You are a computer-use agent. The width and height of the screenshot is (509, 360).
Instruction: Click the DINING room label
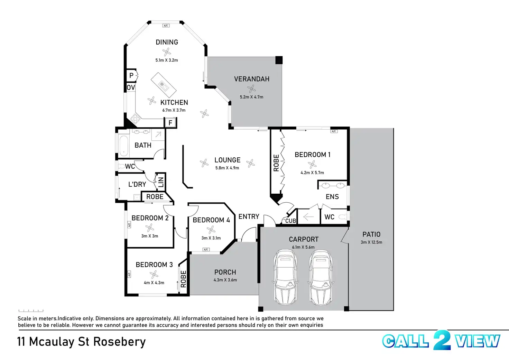click(x=167, y=42)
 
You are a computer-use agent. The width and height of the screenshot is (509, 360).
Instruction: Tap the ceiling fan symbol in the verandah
click(x=251, y=89)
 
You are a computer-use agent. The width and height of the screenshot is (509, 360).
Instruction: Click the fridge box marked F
click(x=170, y=123)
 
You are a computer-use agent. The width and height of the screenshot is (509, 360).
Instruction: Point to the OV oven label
click(x=131, y=87)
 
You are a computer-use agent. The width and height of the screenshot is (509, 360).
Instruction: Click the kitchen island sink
click(x=163, y=85)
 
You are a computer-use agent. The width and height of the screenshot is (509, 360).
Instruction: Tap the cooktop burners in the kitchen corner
click(x=135, y=118)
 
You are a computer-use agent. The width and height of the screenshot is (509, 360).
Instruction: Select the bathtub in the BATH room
click(x=123, y=146)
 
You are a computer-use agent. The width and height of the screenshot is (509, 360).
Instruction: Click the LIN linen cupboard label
click(x=161, y=182)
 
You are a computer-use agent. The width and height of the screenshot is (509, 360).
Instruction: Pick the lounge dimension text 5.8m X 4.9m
click(x=227, y=168)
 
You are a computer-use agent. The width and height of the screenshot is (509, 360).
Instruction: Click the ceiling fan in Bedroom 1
click(x=312, y=164)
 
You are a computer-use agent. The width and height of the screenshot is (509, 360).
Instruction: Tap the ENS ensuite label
click(x=332, y=196)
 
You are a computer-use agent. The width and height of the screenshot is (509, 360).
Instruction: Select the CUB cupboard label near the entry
click(x=290, y=221)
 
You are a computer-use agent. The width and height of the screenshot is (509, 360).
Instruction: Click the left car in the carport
click(x=285, y=277)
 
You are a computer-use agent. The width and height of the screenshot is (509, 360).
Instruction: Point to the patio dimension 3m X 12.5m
click(x=371, y=242)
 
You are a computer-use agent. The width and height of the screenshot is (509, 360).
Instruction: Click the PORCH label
click(x=225, y=272)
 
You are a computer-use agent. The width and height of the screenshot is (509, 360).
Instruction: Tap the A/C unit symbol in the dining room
click(x=166, y=26)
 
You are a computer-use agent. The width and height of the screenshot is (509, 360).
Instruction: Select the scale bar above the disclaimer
click(x=31, y=311)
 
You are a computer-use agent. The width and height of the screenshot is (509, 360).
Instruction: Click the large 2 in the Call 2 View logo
click(x=442, y=340)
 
